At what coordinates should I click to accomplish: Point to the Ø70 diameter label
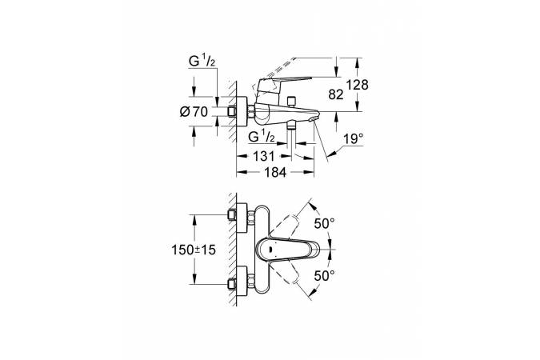[194, 112]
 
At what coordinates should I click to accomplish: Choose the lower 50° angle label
[324, 275]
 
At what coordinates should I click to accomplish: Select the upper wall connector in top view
[238, 215]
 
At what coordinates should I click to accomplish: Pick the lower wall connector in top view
[238, 282]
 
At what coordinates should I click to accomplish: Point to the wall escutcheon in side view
[238, 112]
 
